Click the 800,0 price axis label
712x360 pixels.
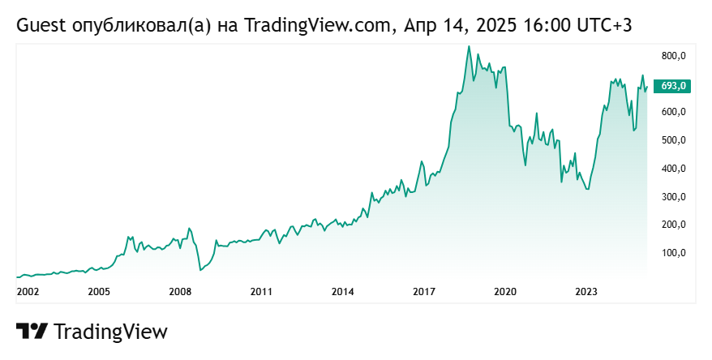(x=674, y=56)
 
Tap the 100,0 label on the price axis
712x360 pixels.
(x=674, y=253)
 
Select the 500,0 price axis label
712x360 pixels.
(x=674, y=140)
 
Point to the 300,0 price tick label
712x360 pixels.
(x=674, y=197)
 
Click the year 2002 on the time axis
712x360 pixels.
(x=28, y=291)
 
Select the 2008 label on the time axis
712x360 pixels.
(x=180, y=291)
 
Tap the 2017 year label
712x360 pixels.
(x=424, y=291)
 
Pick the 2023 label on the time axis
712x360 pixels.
(x=586, y=291)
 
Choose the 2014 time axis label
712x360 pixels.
(x=343, y=291)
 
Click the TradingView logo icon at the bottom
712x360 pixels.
(x=32, y=332)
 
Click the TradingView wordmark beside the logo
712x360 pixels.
(x=110, y=332)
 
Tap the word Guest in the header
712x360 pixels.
(x=41, y=26)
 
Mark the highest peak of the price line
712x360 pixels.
(x=469, y=46)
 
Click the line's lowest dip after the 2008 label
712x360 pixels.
(x=200, y=270)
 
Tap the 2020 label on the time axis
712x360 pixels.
(x=505, y=291)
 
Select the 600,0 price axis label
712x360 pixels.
(x=674, y=112)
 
